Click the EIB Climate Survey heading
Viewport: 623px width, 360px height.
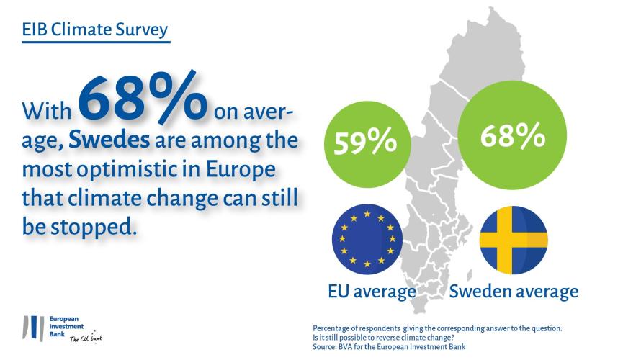[95, 30]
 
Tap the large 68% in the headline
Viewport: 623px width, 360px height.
[143, 97]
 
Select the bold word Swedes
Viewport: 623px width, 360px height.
[109, 140]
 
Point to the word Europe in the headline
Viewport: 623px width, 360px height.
[241, 170]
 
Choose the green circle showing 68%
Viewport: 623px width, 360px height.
[512, 135]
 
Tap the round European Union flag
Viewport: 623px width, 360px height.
[367, 240]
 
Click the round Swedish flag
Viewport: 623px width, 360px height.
[514, 240]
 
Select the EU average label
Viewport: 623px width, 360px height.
[372, 292]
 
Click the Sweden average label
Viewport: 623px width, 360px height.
[514, 292]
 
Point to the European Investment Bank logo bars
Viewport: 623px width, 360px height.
[33, 328]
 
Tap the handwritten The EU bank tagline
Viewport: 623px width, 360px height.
[86, 338]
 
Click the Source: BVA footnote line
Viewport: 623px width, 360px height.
[389, 347]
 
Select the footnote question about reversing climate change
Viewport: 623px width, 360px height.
[383, 338]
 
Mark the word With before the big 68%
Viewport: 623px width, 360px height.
[47, 111]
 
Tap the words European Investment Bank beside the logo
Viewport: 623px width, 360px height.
[66, 327]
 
